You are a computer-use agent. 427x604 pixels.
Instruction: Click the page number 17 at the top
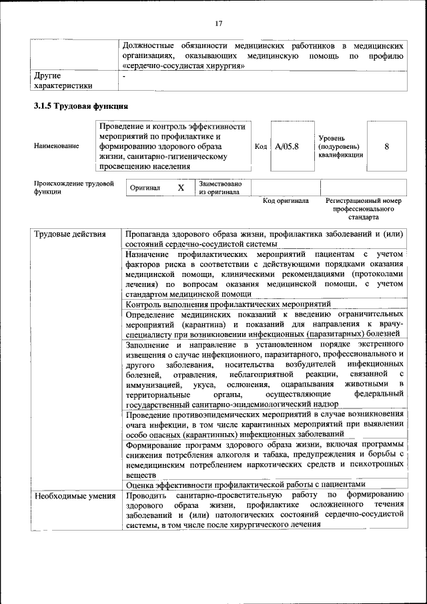pos(218,25)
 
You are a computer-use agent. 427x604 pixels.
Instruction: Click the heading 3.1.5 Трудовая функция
pos(81,106)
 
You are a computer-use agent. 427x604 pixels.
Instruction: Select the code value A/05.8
pos(287,146)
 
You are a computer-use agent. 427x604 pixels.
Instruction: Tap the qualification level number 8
pos(387,146)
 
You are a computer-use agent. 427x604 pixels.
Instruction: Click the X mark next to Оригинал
pos(181,188)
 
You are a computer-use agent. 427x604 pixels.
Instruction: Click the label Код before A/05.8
pos(262,146)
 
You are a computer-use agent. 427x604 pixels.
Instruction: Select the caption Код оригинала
pos(286,200)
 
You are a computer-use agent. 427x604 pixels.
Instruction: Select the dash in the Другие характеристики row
pos(125,75)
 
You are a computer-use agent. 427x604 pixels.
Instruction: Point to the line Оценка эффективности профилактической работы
pos(246,485)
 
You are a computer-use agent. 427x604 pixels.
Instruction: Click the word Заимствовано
pos(220,183)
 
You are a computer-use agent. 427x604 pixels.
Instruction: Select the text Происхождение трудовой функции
pos(73,187)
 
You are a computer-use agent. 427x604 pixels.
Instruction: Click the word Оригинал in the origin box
pos(145,188)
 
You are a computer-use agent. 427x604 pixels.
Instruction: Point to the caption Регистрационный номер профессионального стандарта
pos(363,208)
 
